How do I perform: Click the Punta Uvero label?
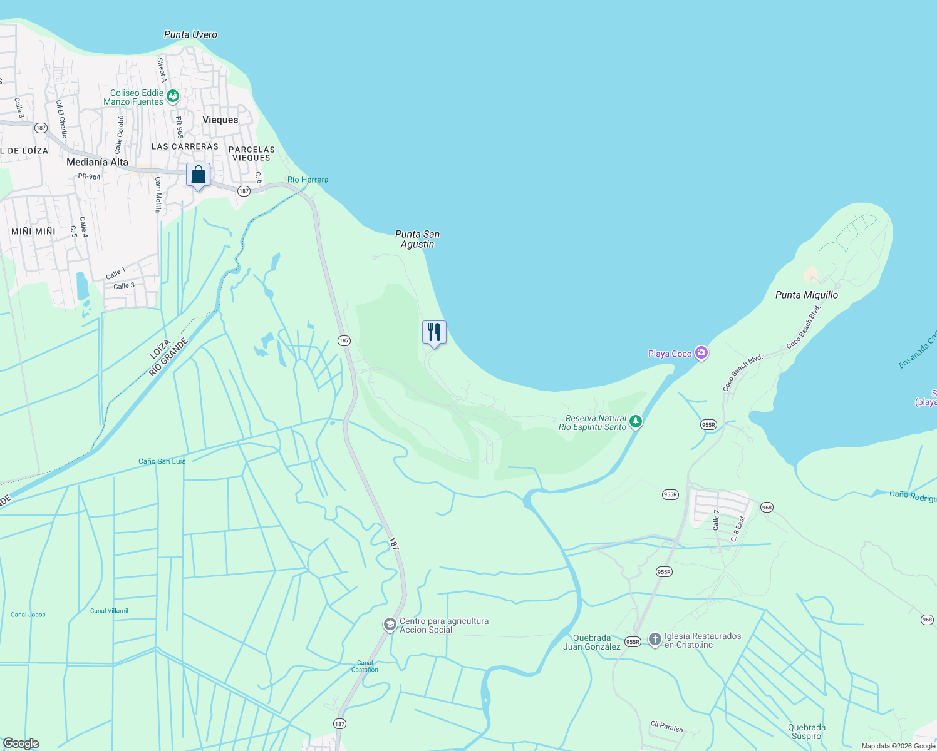pyautogui.click(x=190, y=35)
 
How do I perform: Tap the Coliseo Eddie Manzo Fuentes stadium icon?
pyautogui.click(x=173, y=96)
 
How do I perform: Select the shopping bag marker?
pyautogui.click(x=199, y=175)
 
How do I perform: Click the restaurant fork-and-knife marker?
pyautogui.click(x=434, y=332)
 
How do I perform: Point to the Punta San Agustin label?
pyautogui.click(x=417, y=239)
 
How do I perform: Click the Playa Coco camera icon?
pyautogui.click(x=701, y=354)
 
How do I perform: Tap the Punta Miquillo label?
pyautogui.click(x=806, y=295)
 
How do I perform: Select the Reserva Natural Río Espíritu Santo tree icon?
pyautogui.click(x=636, y=422)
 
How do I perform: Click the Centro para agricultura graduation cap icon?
pyautogui.click(x=390, y=625)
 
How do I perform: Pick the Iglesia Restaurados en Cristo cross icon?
pyautogui.click(x=655, y=640)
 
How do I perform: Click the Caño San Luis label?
pyautogui.click(x=162, y=461)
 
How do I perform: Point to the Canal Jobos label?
pyautogui.click(x=28, y=615)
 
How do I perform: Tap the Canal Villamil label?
pyautogui.click(x=109, y=611)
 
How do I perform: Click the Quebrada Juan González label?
pyautogui.click(x=591, y=642)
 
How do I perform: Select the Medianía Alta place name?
pyautogui.click(x=97, y=162)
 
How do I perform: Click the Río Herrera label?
pyautogui.click(x=308, y=180)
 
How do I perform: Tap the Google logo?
pyautogui.click(x=21, y=743)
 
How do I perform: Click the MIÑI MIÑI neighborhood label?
pyautogui.click(x=33, y=232)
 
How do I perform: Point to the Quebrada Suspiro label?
pyautogui.click(x=807, y=732)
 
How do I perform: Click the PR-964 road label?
pyautogui.click(x=89, y=176)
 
